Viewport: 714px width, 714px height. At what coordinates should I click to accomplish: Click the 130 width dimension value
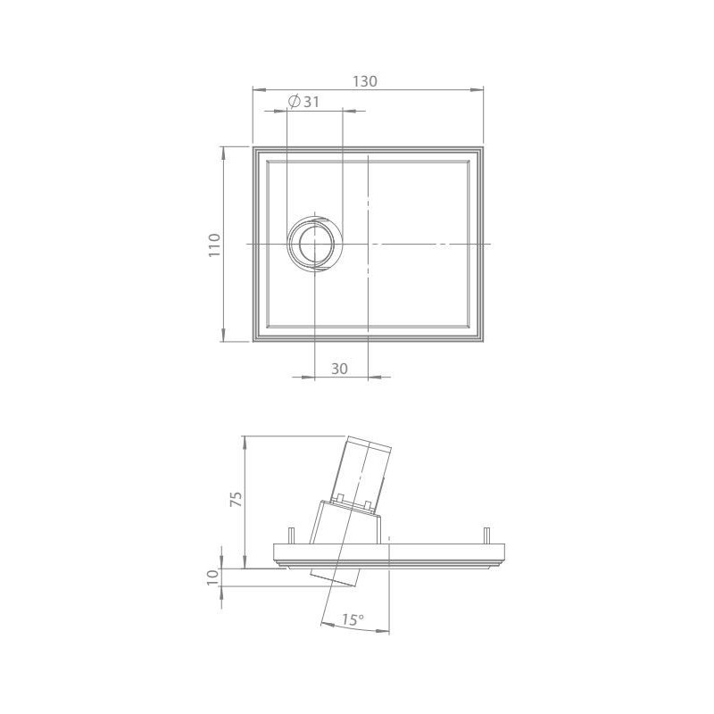tap(365, 81)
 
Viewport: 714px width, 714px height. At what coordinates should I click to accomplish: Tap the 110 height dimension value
tap(214, 245)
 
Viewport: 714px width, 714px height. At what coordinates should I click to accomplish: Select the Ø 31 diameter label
tap(303, 102)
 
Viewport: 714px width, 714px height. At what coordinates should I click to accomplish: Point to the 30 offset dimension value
tap(339, 369)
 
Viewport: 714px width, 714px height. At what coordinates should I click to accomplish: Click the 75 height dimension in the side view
tap(237, 500)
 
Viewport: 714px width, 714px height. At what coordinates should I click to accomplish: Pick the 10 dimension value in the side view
tap(213, 577)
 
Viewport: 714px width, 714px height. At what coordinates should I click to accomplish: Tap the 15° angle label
tap(353, 619)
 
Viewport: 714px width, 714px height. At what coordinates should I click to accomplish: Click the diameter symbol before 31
tap(295, 102)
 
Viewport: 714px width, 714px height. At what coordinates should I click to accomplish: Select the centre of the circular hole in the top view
tap(314, 244)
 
